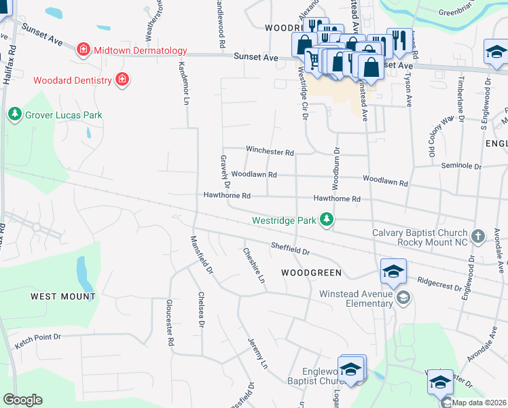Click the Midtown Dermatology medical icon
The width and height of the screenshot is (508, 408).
tap(84, 50)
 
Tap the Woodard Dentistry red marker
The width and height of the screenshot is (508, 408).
tap(122, 80)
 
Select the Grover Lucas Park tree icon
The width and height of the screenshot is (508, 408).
tap(14, 115)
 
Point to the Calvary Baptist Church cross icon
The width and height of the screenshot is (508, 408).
tap(478, 236)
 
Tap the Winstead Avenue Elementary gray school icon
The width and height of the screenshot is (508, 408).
tap(403, 297)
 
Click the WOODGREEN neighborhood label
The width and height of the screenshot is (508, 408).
tap(311, 273)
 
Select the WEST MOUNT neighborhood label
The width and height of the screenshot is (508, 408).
tap(62, 296)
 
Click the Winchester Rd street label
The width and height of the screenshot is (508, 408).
tap(270, 151)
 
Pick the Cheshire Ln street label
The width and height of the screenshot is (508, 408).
tap(253, 265)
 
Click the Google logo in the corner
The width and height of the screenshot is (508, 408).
tap(22, 399)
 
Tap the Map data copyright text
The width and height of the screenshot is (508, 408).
tap(479, 403)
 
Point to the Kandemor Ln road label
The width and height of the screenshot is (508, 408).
tap(183, 84)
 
